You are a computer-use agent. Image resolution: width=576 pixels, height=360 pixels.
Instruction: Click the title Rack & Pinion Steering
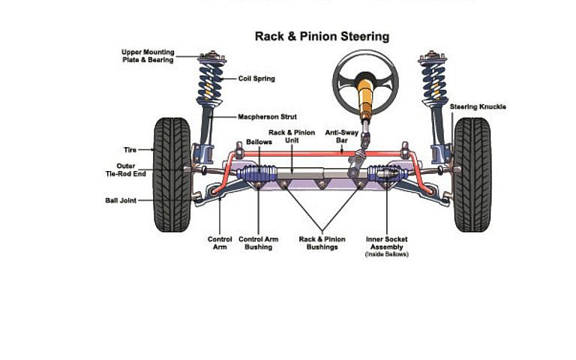coord(322,36)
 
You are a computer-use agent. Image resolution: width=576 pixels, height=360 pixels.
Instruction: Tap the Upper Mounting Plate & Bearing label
coord(148,56)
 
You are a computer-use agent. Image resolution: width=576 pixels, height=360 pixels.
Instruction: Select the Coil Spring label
coord(256,78)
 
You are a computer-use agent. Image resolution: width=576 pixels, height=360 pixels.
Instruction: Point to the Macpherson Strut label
coord(267,117)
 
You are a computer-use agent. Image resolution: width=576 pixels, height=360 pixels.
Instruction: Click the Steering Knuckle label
coord(478,106)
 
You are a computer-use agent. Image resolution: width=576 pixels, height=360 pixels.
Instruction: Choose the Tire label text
coord(130,150)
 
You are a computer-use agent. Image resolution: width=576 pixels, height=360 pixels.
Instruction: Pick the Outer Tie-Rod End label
coord(125,169)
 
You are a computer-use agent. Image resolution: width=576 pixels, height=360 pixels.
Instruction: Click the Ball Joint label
coord(120,200)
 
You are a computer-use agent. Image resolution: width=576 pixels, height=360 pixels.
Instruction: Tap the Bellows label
coord(259,142)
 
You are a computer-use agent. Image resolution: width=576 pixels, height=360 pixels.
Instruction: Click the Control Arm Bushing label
coord(259,243)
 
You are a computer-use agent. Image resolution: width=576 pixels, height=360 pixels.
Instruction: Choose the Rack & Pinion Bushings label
coord(322,243)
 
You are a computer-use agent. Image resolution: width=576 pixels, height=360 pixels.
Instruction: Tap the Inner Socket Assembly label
coord(386,243)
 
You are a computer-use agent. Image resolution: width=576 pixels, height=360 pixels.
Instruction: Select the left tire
coord(172,174)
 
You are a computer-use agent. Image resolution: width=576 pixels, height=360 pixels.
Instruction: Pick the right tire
coord(472,174)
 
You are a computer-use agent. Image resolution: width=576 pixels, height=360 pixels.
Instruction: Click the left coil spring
coord(211,82)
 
